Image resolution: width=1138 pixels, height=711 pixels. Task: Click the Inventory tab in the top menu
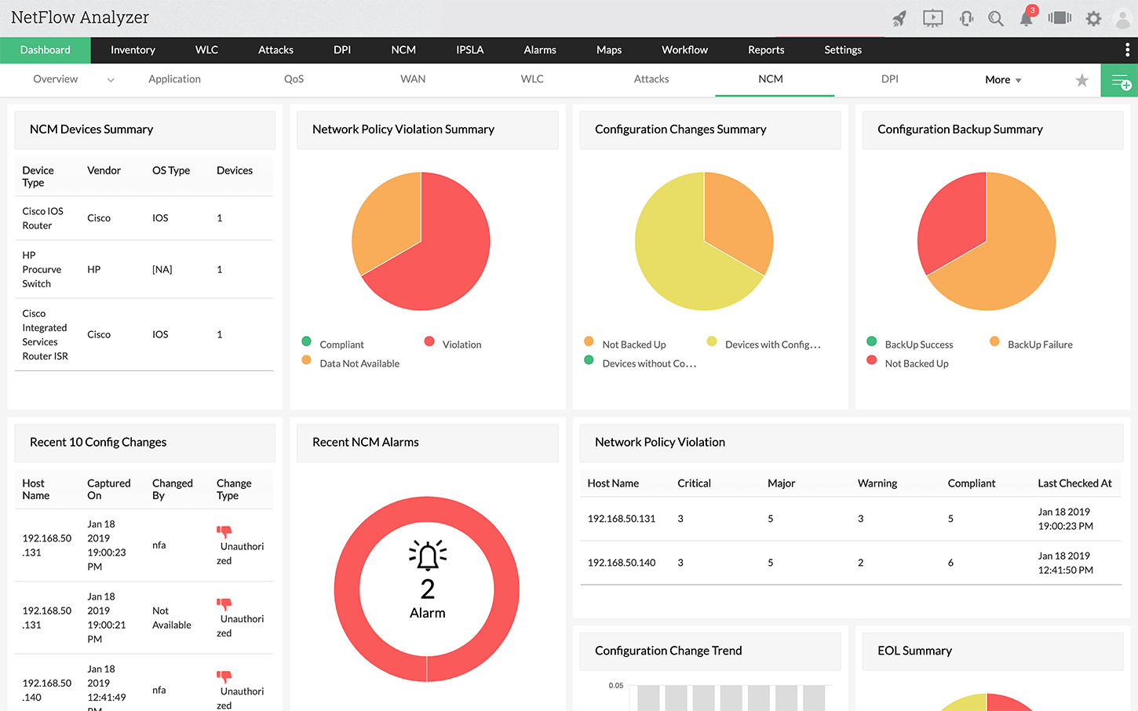point(133,50)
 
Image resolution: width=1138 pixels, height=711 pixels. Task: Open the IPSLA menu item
point(469,50)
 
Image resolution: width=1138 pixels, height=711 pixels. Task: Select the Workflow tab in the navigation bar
point(684,50)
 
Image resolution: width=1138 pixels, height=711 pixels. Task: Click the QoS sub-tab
point(294,79)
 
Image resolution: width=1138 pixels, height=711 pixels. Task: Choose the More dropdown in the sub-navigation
point(1002,80)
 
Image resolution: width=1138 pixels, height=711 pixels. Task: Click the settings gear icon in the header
point(1093,18)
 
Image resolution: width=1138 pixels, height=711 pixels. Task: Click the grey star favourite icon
point(1081,80)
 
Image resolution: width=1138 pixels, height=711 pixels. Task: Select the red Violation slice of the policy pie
point(447,251)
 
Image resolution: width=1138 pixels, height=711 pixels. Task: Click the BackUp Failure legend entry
point(1039,345)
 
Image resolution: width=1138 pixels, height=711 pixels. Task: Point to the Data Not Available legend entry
point(359,363)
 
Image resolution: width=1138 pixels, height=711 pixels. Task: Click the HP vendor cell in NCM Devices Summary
point(94,269)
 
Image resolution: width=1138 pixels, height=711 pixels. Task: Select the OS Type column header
point(171,170)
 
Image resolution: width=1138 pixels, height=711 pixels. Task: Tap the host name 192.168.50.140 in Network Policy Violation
point(622,563)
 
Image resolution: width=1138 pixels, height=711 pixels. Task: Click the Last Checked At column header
point(1074,483)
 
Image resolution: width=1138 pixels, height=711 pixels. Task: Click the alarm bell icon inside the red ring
point(428,556)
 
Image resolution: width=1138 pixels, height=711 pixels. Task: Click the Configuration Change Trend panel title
point(668,651)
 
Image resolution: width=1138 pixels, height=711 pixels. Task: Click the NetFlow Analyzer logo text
point(80,17)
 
